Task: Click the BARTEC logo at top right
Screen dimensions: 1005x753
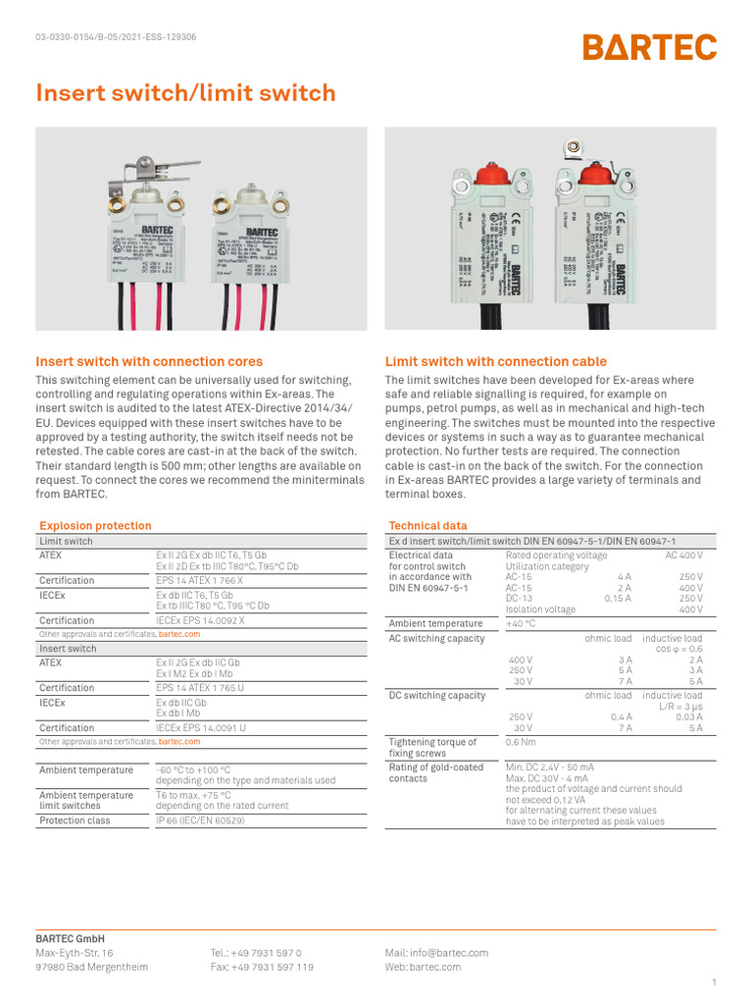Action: (650, 47)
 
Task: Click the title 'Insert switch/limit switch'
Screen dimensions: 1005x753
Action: (185, 93)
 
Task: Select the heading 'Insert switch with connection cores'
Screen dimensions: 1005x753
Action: (149, 361)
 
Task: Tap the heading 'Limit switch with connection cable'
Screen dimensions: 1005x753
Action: (495, 361)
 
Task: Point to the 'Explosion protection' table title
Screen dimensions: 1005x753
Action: (94, 526)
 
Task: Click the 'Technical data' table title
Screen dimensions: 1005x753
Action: (427, 526)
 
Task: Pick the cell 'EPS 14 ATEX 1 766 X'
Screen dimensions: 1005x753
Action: (199, 580)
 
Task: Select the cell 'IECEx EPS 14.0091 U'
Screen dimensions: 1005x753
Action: (201, 728)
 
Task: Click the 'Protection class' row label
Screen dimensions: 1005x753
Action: (75, 820)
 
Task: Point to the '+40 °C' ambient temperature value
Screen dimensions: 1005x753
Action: (521, 623)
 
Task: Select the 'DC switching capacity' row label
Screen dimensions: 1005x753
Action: (436, 696)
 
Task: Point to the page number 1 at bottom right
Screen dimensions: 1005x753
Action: (714, 982)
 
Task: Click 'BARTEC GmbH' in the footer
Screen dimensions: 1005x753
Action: (70, 939)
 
